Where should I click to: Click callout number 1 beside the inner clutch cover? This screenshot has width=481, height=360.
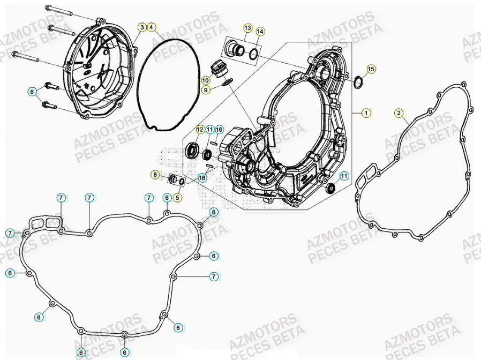pyautogui.click(x=366, y=113)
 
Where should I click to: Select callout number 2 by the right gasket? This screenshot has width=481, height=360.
pyautogui.click(x=399, y=112)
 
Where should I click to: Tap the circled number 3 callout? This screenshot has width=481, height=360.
pyautogui.click(x=142, y=27)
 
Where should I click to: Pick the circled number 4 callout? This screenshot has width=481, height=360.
pyautogui.click(x=152, y=27)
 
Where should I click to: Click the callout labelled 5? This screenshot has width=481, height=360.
pyautogui.click(x=177, y=197)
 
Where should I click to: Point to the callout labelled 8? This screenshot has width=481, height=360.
pyautogui.click(x=155, y=175)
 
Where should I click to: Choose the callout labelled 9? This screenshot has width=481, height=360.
pyautogui.click(x=206, y=90)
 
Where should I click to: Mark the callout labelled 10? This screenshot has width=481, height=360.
pyautogui.click(x=206, y=80)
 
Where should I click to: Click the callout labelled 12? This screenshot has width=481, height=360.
pyautogui.click(x=199, y=130)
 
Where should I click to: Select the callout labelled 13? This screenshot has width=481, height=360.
pyautogui.click(x=248, y=27)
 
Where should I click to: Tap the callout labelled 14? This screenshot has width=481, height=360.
pyautogui.click(x=260, y=32)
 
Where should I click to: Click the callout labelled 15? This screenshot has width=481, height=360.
pyautogui.click(x=371, y=69)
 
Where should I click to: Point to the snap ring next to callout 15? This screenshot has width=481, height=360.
pyautogui.click(x=358, y=81)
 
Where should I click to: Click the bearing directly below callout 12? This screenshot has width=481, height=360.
pyautogui.click(x=192, y=149)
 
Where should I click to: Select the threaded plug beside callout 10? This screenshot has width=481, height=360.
pyautogui.click(x=217, y=69)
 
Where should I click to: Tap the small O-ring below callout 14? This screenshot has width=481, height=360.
pyautogui.click(x=254, y=52)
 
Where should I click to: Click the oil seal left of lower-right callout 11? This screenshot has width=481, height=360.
pyautogui.click(x=330, y=187)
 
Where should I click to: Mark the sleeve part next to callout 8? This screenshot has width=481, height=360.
pyautogui.click(x=172, y=178)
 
